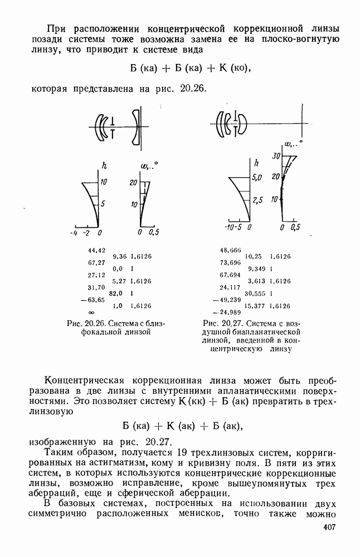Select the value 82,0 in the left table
click(x=115, y=293)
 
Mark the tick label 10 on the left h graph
click(x=104, y=182)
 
